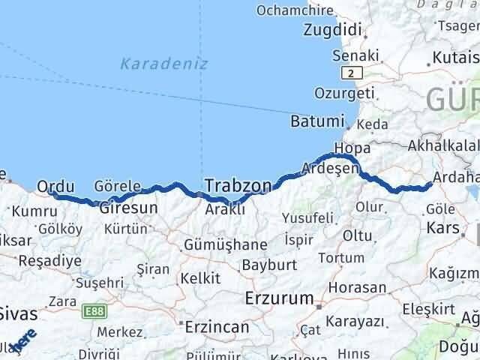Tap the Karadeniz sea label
coord(154,64)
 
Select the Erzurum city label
coord(279,298)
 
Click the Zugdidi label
coord(333,31)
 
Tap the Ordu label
coord(55,186)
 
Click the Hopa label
coord(352,148)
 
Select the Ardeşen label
coord(330,169)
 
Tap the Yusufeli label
coord(307,218)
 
